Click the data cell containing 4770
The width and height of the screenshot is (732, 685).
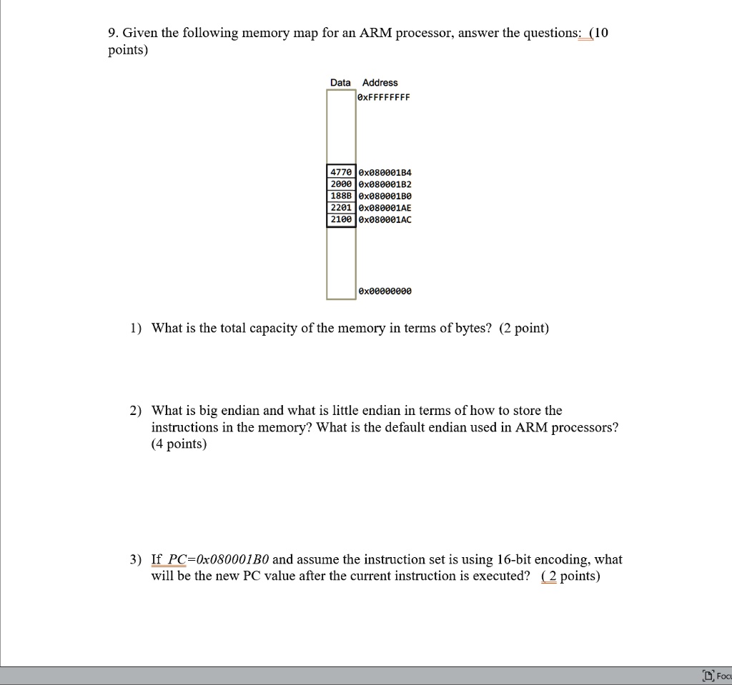click(340, 172)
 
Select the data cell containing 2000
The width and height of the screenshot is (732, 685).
click(340, 184)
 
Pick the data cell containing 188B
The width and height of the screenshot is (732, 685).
click(340, 196)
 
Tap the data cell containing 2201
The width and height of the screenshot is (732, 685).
click(340, 207)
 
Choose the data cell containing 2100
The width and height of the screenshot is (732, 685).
click(340, 219)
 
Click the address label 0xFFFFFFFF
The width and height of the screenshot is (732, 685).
click(385, 98)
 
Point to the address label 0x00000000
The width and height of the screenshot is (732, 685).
click(385, 291)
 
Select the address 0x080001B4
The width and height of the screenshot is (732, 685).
click(385, 172)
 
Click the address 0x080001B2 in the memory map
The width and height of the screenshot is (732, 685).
click(385, 184)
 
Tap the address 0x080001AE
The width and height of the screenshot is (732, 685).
click(385, 207)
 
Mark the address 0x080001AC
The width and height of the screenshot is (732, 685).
click(385, 219)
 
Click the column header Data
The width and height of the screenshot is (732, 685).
click(340, 83)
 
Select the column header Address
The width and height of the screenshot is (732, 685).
click(380, 83)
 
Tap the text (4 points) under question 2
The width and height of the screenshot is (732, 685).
click(179, 444)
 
